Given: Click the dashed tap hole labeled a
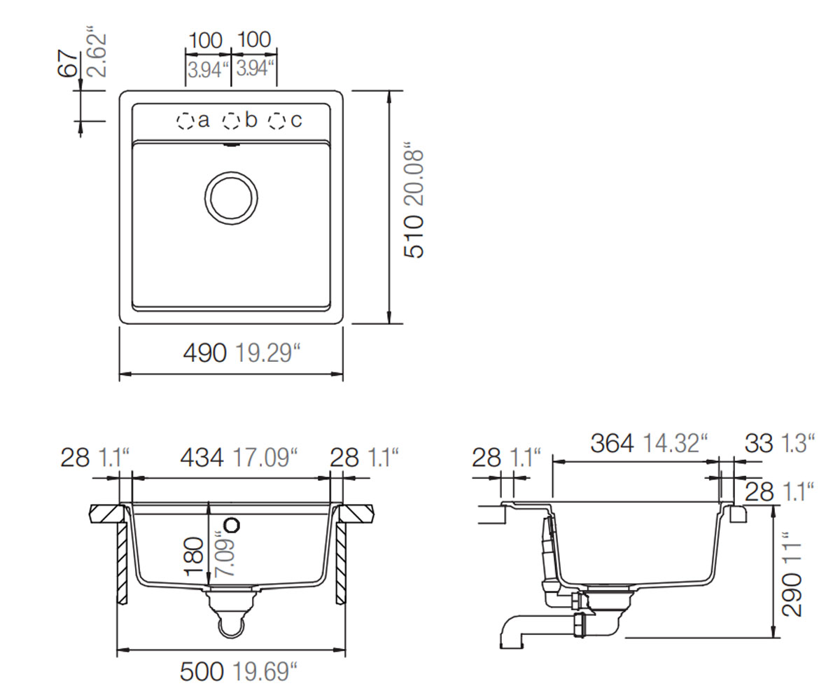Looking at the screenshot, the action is (x=185, y=120).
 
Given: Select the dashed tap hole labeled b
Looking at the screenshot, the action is (x=231, y=120).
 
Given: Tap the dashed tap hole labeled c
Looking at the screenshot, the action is (x=276, y=120).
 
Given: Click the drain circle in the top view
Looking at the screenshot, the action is (x=231, y=198).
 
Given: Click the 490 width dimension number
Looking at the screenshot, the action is (x=205, y=353).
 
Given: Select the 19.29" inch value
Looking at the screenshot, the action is (x=267, y=353).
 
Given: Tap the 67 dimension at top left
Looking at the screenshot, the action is (x=66, y=64).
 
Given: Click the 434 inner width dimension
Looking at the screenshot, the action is (x=202, y=458).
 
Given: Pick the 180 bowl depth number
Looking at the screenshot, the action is (x=193, y=556).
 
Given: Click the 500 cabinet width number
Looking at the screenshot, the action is (x=202, y=671).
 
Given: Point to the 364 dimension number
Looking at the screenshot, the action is (x=612, y=443).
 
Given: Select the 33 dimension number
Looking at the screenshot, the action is (x=759, y=443).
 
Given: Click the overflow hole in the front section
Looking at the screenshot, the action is (x=232, y=524).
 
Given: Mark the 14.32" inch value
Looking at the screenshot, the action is (x=675, y=443).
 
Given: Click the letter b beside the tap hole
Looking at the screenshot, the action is (x=251, y=120).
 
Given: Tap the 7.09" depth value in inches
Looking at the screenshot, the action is (x=225, y=554).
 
